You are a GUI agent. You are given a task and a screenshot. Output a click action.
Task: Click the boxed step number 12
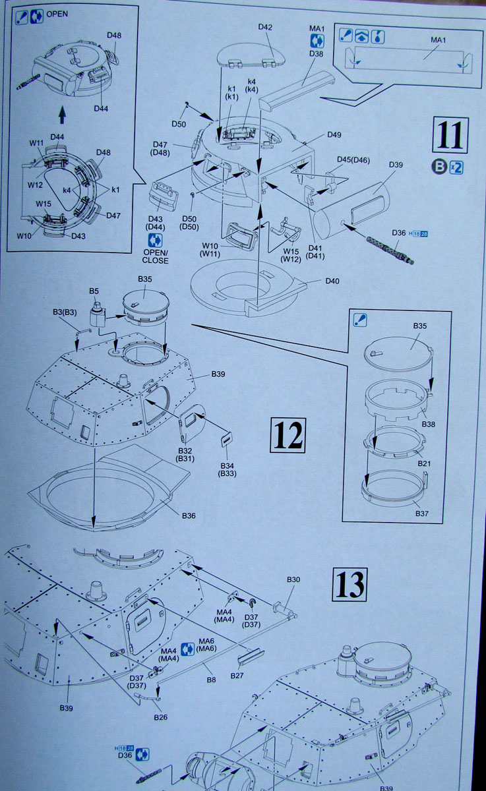(288, 435)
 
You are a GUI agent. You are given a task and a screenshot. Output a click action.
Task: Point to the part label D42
(265, 27)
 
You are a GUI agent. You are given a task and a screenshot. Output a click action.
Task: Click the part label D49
(334, 135)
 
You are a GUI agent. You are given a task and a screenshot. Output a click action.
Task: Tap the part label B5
(94, 291)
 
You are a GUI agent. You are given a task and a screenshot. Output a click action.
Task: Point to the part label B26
(160, 717)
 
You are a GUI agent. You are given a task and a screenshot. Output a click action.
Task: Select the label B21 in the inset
(425, 463)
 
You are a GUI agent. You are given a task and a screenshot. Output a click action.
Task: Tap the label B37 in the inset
(420, 513)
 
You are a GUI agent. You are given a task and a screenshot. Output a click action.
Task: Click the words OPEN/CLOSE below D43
(156, 256)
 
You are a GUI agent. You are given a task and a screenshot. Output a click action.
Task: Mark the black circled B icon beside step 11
(439, 167)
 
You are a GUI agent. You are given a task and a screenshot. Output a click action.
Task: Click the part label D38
(316, 54)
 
